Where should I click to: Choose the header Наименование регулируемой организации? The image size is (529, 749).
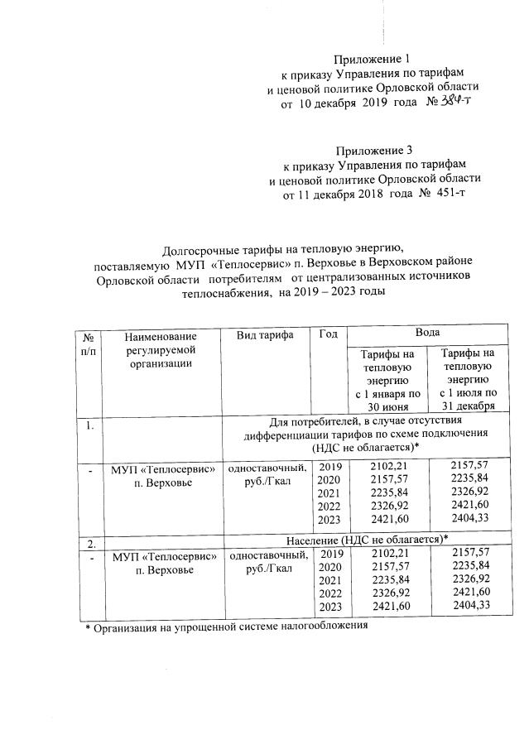click(161, 349)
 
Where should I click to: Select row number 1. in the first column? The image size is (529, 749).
click(85, 427)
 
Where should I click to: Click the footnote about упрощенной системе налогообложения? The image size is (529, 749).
click(228, 628)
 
